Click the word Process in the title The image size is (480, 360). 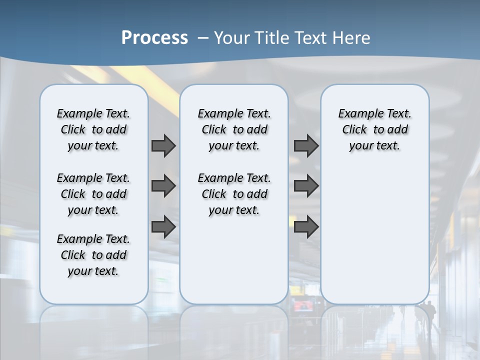[154, 38]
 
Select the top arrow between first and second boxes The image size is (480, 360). [163, 145]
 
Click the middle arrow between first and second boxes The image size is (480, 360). [163, 186]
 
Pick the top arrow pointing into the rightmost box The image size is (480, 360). [306, 145]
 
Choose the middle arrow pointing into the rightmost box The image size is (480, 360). [306, 186]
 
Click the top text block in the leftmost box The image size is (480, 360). [93, 129]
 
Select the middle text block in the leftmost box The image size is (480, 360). [93, 194]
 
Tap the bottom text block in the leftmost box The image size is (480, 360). [93, 255]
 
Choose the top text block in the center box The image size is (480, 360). [234, 129]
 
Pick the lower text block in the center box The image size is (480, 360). [234, 194]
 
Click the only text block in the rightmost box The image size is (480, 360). [374, 129]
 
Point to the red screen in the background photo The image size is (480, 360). [302, 306]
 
